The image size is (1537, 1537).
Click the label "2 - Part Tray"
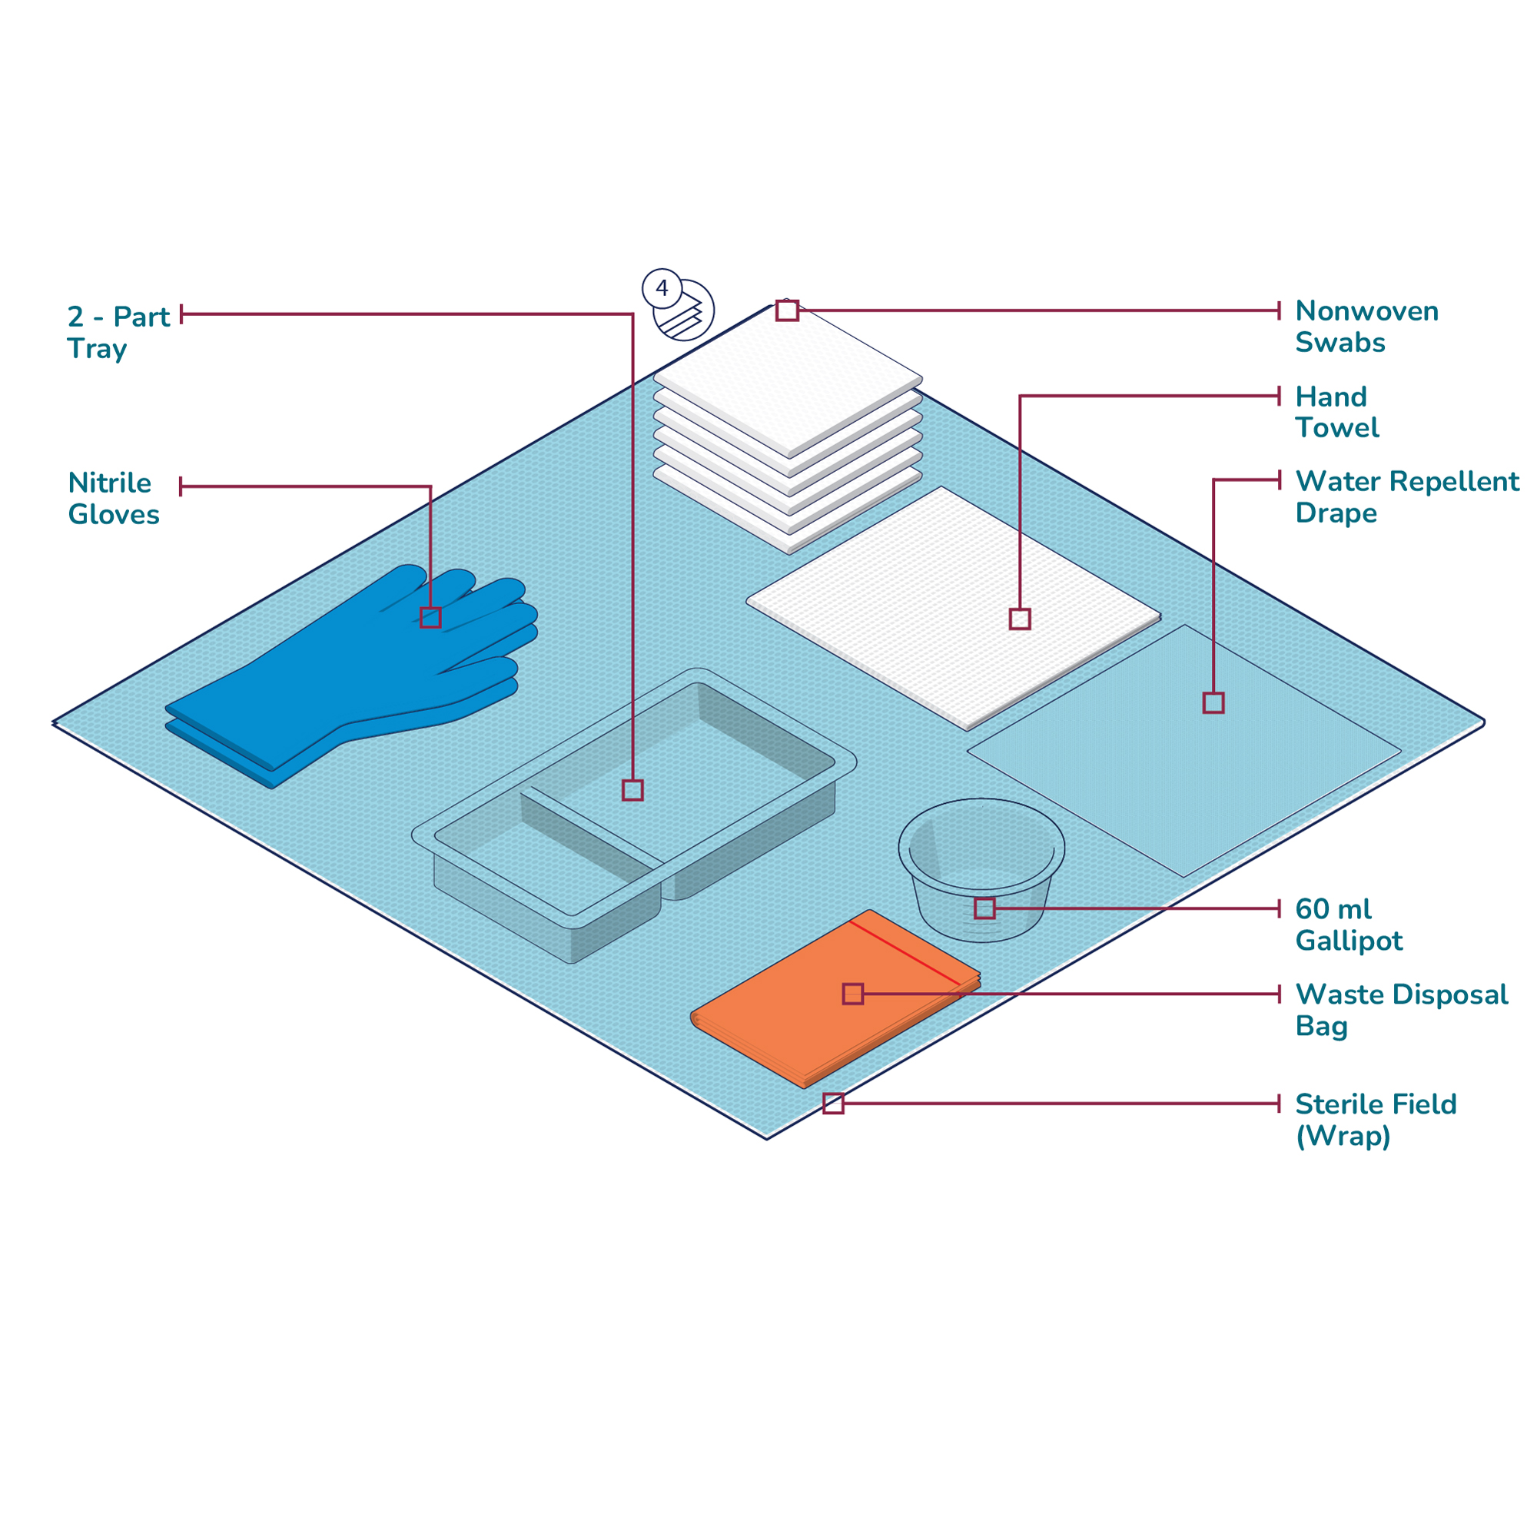click(118, 332)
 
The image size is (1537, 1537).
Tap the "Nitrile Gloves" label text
click(113, 498)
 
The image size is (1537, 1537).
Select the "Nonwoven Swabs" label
click(1366, 326)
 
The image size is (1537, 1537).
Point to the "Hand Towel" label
click(1336, 412)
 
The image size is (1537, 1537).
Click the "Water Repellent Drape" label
click(1406, 496)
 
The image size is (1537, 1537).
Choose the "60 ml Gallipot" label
click(1349, 925)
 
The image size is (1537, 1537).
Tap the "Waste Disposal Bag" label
click(1401, 1010)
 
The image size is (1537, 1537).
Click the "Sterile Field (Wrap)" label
click(1376, 1120)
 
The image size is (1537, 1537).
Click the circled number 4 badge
click(662, 288)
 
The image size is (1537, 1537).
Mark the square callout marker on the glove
click(430, 617)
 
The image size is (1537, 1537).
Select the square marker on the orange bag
click(853, 994)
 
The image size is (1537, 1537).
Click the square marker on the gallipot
click(985, 908)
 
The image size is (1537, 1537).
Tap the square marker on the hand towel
click(1020, 619)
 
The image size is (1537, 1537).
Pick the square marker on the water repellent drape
click(1213, 702)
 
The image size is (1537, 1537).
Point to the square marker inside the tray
click(632, 790)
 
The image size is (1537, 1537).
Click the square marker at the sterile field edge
click(833, 1104)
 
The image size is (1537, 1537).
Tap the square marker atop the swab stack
click(787, 310)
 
